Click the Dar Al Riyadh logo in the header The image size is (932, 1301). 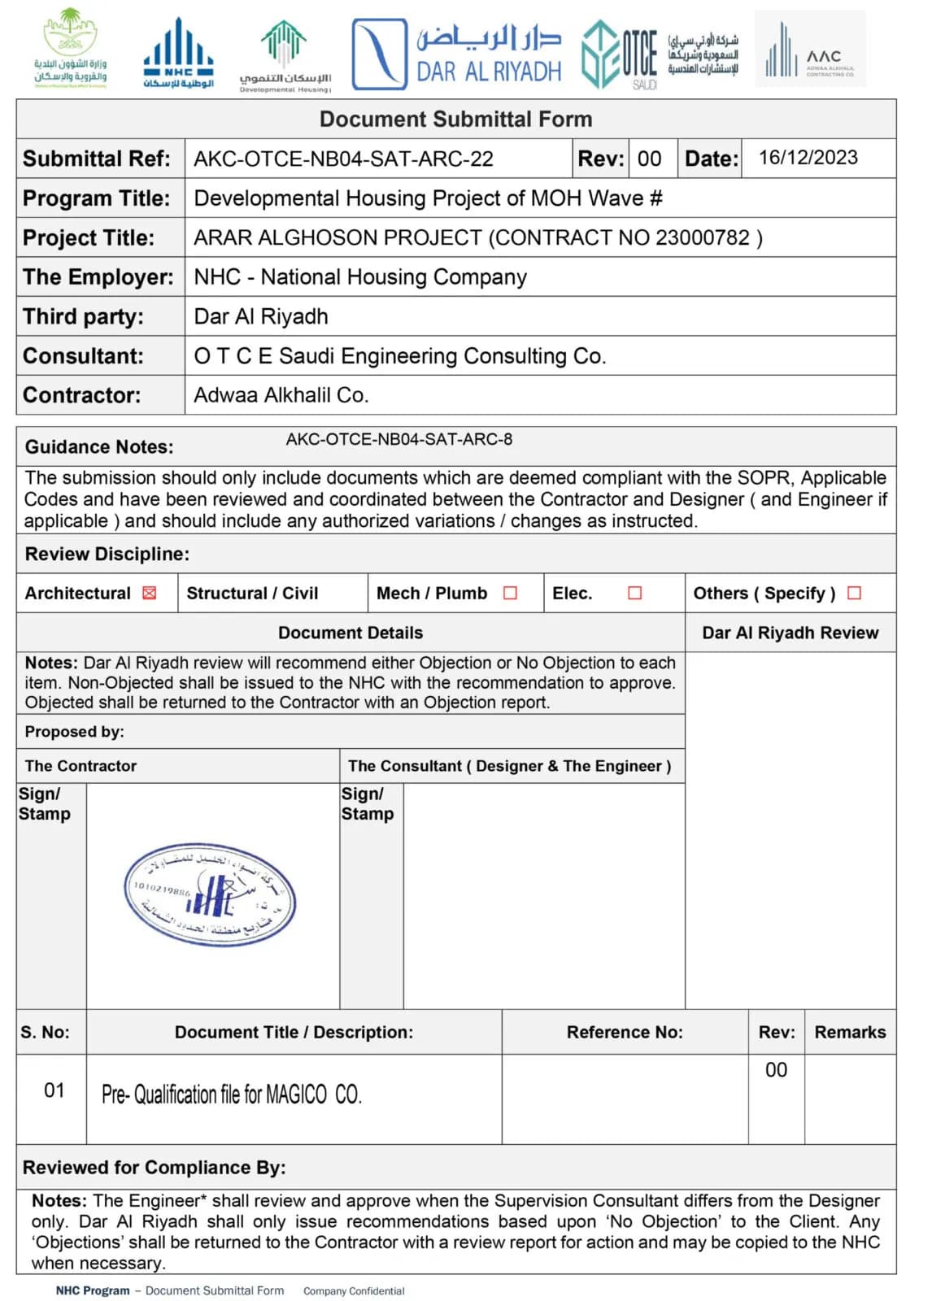457,54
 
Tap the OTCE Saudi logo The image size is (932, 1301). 620,54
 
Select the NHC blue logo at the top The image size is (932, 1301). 178,54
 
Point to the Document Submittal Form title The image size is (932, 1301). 455,120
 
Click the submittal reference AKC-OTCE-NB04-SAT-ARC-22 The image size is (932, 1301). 343,159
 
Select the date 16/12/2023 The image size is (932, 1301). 808,158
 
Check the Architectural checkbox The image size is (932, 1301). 149,594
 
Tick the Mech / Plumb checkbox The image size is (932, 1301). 510,594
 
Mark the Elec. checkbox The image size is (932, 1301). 634,594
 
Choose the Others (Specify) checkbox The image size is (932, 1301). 854,594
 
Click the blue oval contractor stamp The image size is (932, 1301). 210,894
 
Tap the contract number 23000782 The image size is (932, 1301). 702,237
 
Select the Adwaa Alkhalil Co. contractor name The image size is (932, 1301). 281,395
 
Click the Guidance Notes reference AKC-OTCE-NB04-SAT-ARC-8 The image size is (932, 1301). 398,440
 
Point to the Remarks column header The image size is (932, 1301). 850,1033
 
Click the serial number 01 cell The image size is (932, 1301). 54,1090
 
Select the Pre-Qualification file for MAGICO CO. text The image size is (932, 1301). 231,1094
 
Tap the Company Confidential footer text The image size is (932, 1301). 354,1291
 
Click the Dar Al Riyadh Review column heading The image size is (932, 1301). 790,633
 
